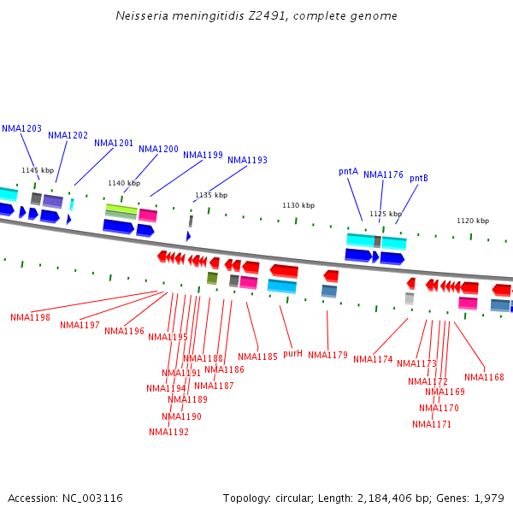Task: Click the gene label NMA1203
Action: tap(21, 128)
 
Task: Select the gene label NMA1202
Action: tap(68, 135)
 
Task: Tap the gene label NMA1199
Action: tap(203, 156)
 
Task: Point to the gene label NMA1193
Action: tap(247, 160)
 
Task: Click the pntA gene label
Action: tap(348, 171)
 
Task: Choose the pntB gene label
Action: tap(419, 178)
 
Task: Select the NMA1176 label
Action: tap(383, 174)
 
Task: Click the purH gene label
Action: tap(292, 352)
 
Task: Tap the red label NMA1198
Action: tap(30, 317)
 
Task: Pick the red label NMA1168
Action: tap(484, 377)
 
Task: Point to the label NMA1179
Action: tap(327, 355)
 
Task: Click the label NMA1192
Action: tap(168, 432)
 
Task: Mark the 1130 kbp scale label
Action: tap(298, 205)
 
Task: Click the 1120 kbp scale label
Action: tap(473, 221)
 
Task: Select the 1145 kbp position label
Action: tap(38, 171)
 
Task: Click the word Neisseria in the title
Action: tap(142, 16)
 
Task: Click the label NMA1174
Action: tap(373, 359)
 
